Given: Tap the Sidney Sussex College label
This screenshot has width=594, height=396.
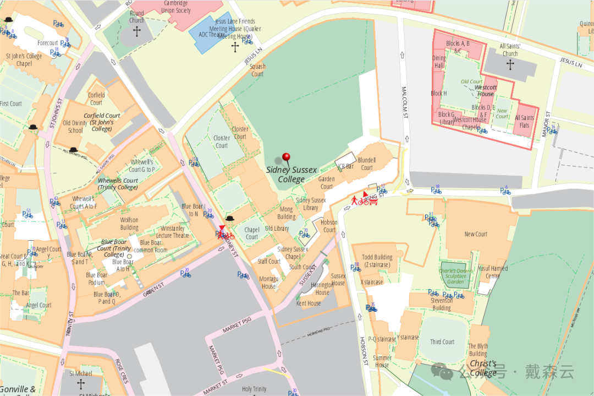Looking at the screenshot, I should click(291, 175).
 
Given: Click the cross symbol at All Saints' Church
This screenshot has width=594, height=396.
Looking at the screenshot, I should click(510, 65).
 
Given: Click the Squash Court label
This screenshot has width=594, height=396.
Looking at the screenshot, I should click(257, 70).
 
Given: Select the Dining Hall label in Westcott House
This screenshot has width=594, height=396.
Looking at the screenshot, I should click(439, 62).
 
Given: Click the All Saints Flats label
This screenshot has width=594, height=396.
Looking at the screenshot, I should click(524, 121).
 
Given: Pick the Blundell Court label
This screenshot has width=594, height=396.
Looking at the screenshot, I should click(367, 164).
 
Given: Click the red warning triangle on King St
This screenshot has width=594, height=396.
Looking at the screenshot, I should click(365, 194).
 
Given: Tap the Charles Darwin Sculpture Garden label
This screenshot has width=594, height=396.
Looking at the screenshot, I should click(456, 276).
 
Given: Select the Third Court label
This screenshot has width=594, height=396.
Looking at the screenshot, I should click(442, 341).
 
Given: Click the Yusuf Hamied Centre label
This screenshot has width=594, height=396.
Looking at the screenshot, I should click(493, 272).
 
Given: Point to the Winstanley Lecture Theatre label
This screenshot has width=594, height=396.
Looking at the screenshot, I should click(172, 232).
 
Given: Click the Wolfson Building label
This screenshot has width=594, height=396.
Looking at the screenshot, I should click(129, 224).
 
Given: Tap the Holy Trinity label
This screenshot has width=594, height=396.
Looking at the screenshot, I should click(254, 389).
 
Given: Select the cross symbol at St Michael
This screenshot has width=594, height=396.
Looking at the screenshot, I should click(81, 383).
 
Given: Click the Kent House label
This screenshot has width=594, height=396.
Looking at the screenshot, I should click(309, 303).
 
